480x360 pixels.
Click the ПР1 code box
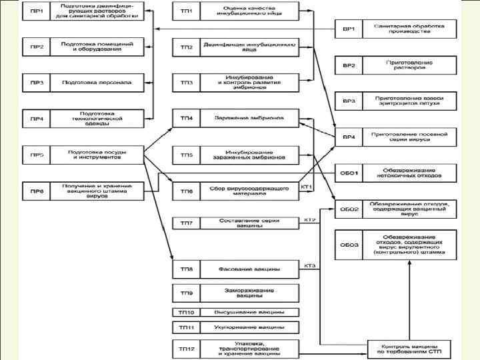37,11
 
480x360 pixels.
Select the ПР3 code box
37,83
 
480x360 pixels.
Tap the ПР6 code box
37,191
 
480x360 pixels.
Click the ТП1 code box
186,11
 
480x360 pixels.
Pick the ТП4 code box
186,119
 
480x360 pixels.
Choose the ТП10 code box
186,311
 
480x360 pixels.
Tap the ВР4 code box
349,137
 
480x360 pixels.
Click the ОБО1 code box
349,173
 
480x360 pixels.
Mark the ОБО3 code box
349,245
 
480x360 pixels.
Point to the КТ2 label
309,219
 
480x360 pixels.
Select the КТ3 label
309,266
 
